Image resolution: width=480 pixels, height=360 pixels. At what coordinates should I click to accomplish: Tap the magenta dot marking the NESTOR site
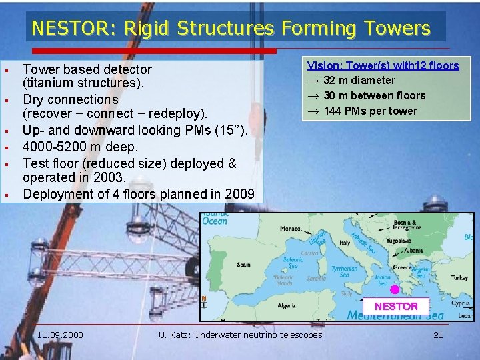[x=394, y=289]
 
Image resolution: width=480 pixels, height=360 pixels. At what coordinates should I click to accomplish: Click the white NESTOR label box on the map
[x=396, y=306]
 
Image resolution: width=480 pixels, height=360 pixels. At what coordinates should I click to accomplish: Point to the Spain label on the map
[x=243, y=265]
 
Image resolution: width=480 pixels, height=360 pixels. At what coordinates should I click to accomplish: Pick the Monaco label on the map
[x=290, y=228]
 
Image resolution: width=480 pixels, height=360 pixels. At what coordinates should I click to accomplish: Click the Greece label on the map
[x=402, y=267]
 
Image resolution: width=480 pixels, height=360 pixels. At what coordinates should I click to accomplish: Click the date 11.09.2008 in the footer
[x=60, y=335]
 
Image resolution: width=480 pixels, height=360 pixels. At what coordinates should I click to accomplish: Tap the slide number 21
[x=438, y=335]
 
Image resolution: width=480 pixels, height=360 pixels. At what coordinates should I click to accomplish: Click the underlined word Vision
[x=323, y=65]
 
